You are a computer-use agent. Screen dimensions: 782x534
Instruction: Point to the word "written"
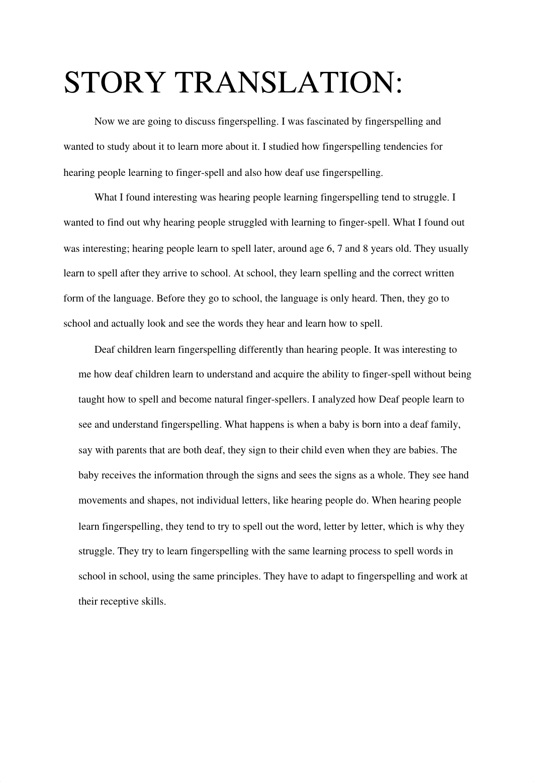[437, 273]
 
